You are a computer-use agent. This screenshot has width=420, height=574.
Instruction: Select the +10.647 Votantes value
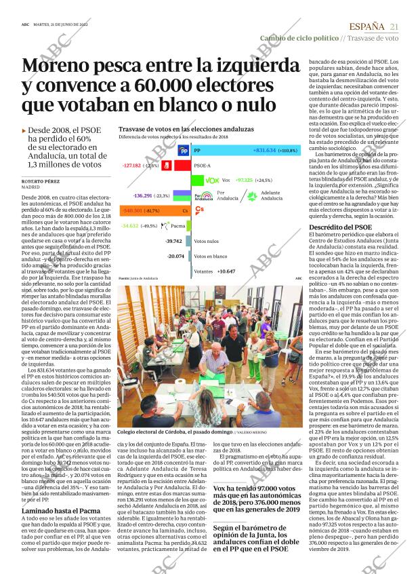point(226,271)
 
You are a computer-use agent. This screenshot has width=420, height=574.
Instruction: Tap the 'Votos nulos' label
point(206,241)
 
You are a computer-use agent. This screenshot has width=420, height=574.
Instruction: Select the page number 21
point(394,26)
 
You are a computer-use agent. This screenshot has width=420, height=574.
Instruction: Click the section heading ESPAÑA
point(366,26)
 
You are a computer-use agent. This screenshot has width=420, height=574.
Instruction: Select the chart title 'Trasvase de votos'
point(179,128)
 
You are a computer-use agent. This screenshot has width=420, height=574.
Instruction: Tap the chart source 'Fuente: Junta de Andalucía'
point(138,279)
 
